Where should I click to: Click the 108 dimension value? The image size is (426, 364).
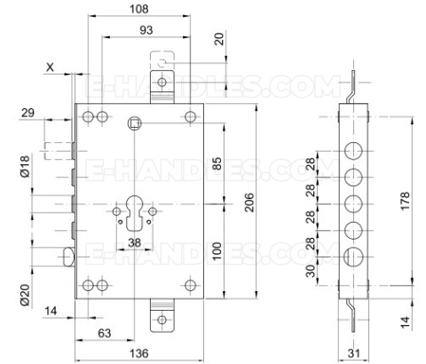point(139,9)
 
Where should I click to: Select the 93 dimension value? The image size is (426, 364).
point(146,30)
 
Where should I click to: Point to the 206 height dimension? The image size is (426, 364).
point(250,202)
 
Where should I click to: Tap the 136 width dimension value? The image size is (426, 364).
point(139,353)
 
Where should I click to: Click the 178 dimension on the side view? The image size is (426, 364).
point(406,201)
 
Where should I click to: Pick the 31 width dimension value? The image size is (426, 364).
point(354,353)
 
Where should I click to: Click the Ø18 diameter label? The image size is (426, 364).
point(25,166)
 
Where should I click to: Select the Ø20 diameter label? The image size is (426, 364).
point(25,295)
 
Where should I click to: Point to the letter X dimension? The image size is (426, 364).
point(51,67)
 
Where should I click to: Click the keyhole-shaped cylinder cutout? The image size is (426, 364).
point(135,212)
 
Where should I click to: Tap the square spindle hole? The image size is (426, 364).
point(134,123)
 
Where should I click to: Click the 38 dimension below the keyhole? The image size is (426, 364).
point(135,242)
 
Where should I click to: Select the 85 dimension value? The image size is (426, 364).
point(217,163)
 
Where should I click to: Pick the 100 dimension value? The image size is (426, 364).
point(217,251)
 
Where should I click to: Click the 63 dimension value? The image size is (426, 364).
point(105,333)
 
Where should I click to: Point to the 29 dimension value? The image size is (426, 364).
point(28,113)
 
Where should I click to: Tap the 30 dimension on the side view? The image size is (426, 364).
point(311,271)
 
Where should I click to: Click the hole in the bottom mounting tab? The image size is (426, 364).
point(162,320)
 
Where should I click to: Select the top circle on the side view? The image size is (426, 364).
point(353,151)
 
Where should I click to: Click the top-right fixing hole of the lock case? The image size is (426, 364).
point(190,116)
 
